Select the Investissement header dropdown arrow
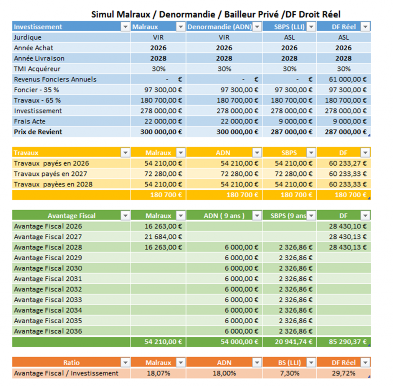125,27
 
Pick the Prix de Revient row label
38,132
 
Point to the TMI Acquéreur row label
37,69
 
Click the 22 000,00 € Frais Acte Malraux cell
163,121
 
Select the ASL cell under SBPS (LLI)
289,38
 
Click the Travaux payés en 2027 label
51,174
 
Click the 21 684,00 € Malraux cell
163,237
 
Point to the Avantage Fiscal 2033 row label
48,299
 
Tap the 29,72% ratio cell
344,373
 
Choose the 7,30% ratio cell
289,373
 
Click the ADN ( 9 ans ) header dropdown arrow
257,216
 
